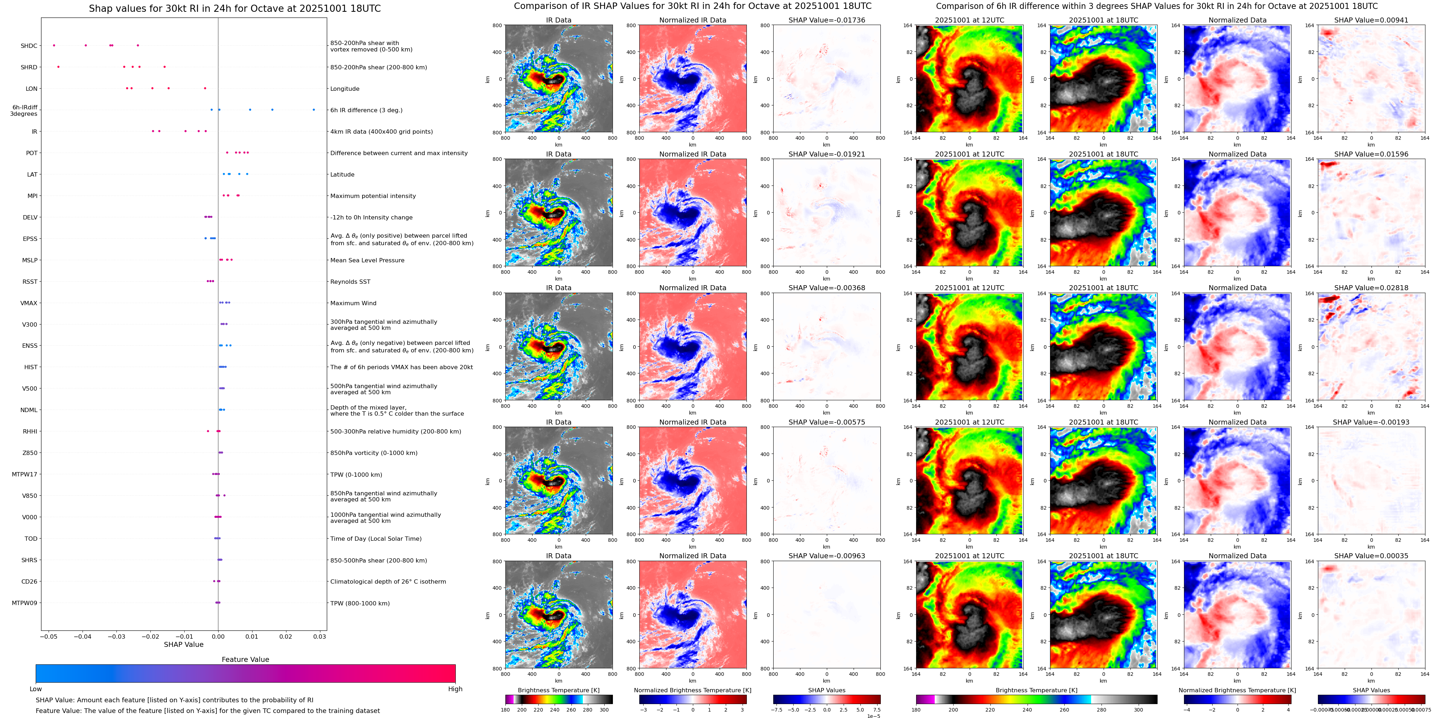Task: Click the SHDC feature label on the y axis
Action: click(29, 46)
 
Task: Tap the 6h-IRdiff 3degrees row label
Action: click(24, 111)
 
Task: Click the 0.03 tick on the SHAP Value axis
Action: click(319, 637)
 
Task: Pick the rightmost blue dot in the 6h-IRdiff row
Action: click(314, 110)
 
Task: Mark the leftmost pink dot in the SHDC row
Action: click(54, 45)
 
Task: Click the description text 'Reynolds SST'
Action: click(350, 282)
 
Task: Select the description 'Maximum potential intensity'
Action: click(373, 196)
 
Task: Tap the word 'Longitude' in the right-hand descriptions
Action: click(345, 89)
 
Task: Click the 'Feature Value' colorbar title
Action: click(245, 659)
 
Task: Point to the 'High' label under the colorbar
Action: click(455, 689)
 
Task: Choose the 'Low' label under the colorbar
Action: click(36, 689)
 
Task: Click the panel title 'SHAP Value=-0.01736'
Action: click(827, 20)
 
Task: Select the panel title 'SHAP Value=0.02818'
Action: click(1371, 288)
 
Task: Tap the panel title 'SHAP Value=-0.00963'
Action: click(827, 556)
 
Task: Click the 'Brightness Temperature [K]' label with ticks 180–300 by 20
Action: click(558, 690)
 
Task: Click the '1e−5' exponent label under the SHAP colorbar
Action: click(873, 716)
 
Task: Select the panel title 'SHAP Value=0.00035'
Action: click(1371, 556)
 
